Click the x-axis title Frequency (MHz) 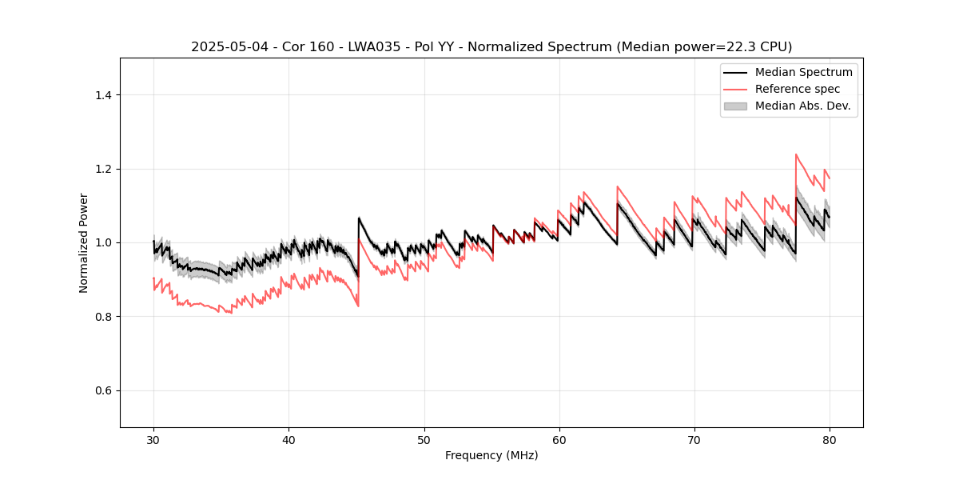pyautogui.click(x=491, y=455)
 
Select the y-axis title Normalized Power pyautogui.click(x=84, y=242)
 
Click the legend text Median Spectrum pyautogui.click(x=803, y=72)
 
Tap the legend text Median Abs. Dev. pyautogui.click(x=802, y=106)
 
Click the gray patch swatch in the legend pyautogui.click(x=735, y=106)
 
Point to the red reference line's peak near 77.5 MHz pyautogui.click(x=796, y=154)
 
